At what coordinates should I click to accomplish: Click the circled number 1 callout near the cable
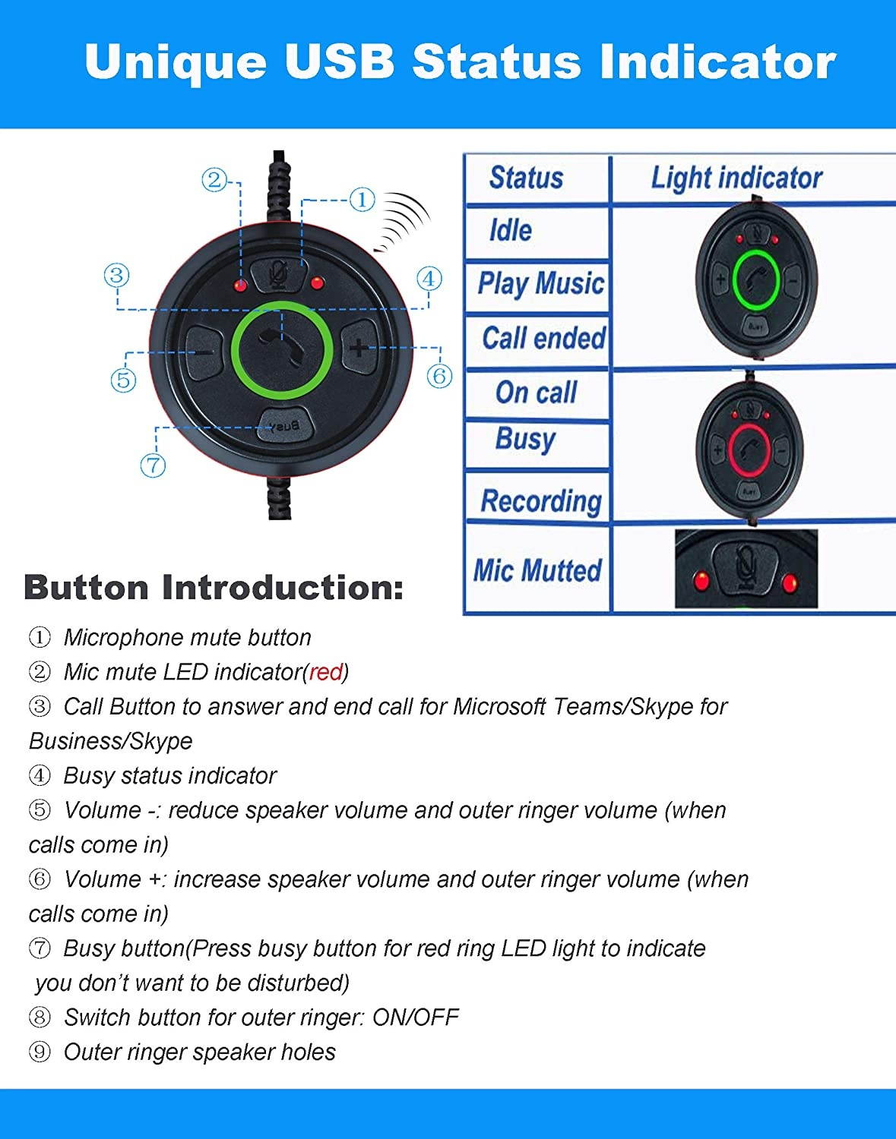tap(362, 200)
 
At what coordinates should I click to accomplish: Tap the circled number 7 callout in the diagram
tap(153, 465)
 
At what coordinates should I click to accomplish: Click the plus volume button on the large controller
tap(358, 349)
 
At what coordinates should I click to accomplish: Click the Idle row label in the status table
tap(510, 230)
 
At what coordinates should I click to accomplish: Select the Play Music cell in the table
tap(540, 284)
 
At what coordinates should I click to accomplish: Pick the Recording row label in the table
tap(540, 501)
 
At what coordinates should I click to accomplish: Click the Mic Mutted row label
tap(537, 570)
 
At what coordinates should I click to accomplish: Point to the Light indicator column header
tap(736, 178)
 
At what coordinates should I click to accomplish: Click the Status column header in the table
tap(526, 178)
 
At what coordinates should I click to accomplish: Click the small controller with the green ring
tap(755, 280)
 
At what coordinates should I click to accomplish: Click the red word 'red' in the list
tap(326, 672)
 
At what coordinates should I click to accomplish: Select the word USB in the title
tap(340, 62)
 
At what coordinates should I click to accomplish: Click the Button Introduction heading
tap(214, 588)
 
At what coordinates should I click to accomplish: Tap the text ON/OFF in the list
tap(415, 1018)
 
